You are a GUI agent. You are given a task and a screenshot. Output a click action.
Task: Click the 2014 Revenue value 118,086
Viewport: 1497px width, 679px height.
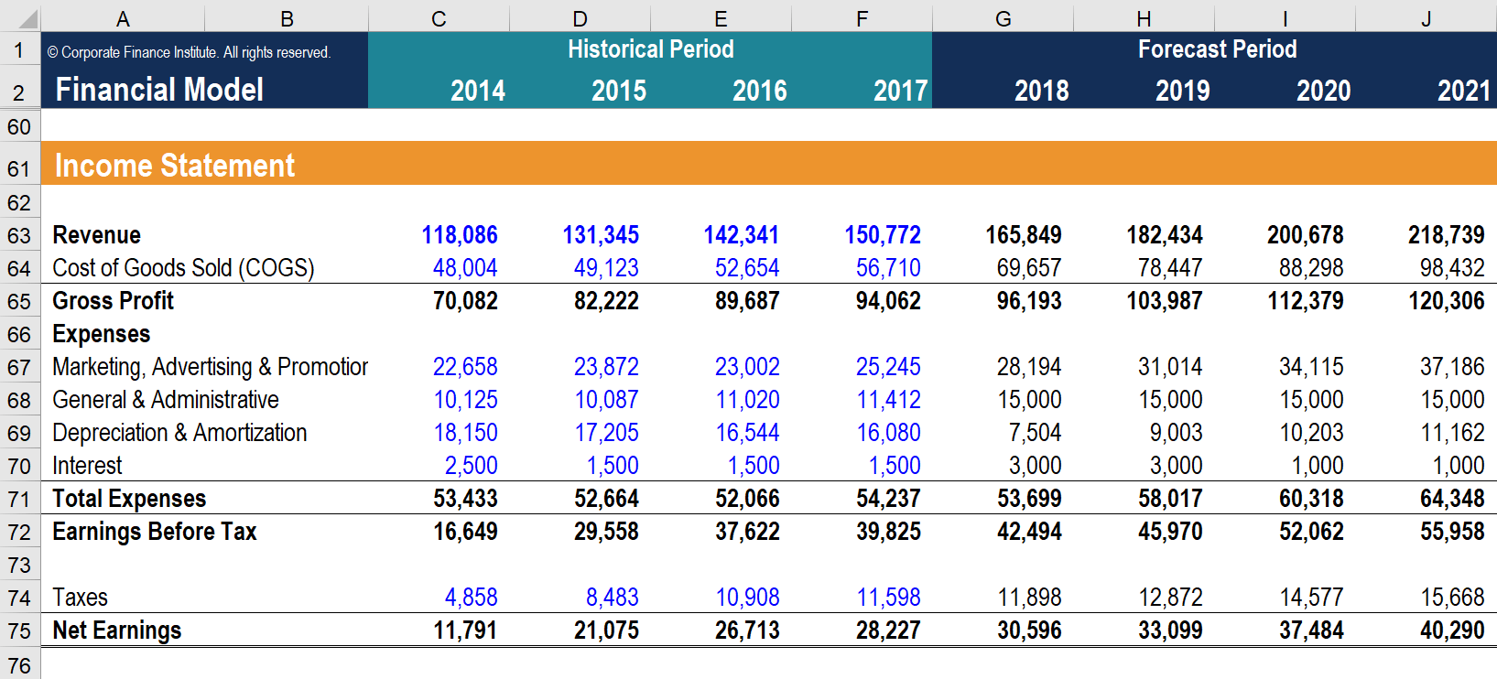(459, 235)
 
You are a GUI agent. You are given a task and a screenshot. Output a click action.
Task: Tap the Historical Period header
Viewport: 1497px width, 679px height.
(650, 49)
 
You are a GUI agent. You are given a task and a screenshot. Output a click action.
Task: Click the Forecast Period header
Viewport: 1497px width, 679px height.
(1217, 49)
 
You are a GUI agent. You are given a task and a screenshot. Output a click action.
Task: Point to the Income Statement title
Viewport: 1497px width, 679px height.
(174, 166)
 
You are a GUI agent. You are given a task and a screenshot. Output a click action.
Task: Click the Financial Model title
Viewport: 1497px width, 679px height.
(159, 90)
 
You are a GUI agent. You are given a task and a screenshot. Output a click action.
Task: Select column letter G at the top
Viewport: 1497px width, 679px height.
(1003, 18)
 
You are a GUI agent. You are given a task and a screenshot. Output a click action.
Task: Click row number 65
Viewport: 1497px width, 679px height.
(19, 302)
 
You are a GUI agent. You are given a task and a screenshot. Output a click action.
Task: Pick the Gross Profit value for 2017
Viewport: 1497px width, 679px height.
(887, 301)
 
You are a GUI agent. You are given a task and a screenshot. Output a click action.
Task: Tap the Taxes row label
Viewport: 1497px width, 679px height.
(81, 598)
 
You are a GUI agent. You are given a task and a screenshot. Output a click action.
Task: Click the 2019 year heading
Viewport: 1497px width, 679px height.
(1182, 91)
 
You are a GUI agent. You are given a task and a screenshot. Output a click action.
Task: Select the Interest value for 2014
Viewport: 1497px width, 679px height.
(471, 466)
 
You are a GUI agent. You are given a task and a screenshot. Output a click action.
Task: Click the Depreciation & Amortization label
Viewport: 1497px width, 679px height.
(179, 433)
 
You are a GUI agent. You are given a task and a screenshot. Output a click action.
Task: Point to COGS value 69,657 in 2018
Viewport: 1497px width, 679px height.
(1028, 268)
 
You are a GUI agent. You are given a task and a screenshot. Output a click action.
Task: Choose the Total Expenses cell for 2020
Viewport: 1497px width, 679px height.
(1310, 499)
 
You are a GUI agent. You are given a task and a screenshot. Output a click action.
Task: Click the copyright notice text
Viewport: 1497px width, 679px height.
(189, 53)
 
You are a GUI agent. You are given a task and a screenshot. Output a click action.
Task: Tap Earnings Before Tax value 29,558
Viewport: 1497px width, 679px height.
(605, 532)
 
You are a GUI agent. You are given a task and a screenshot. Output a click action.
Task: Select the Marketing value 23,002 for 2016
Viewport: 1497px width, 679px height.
(746, 367)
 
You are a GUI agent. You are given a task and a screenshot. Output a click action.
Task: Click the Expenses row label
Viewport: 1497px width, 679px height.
(101, 334)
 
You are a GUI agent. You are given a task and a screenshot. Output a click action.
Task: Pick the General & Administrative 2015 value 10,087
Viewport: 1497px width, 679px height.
(605, 400)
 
